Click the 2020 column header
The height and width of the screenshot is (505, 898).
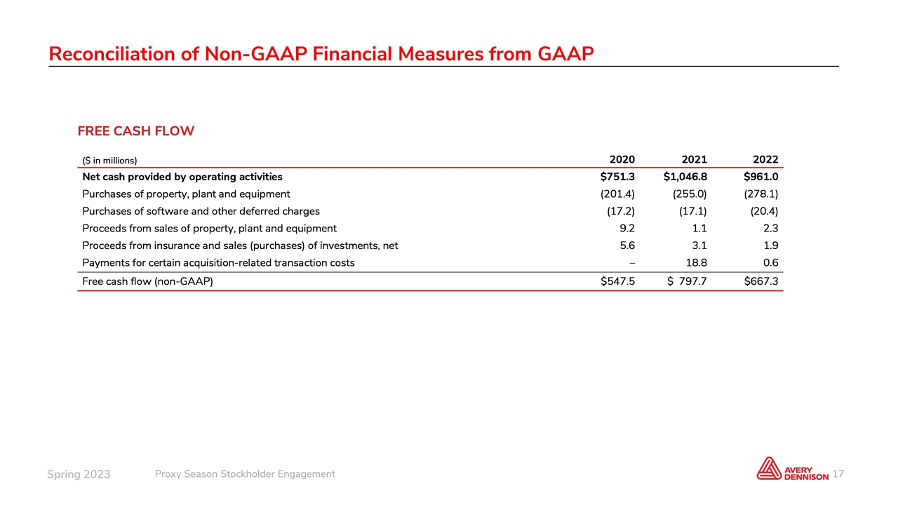pyautogui.click(x=622, y=159)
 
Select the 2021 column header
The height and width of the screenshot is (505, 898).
pyautogui.click(x=693, y=159)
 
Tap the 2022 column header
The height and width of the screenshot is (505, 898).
pyautogui.click(x=765, y=159)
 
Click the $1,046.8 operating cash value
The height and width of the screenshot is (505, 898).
pyautogui.click(x=685, y=177)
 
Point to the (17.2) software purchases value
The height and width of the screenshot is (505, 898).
pyautogui.click(x=621, y=210)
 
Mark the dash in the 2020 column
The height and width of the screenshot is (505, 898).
pyautogui.click(x=632, y=263)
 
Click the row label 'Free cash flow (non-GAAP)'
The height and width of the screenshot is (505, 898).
pyautogui.click(x=147, y=282)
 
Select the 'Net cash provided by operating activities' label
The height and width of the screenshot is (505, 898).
pyautogui.click(x=182, y=177)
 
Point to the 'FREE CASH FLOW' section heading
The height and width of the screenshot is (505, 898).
pyautogui.click(x=135, y=131)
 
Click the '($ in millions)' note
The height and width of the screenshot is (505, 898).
pyautogui.click(x=109, y=161)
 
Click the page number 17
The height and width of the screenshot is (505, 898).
pyautogui.click(x=837, y=475)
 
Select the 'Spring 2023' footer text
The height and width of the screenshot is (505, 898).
pyautogui.click(x=79, y=475)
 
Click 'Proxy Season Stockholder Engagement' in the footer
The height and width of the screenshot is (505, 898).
pyautogui.click(x=244, y=474)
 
